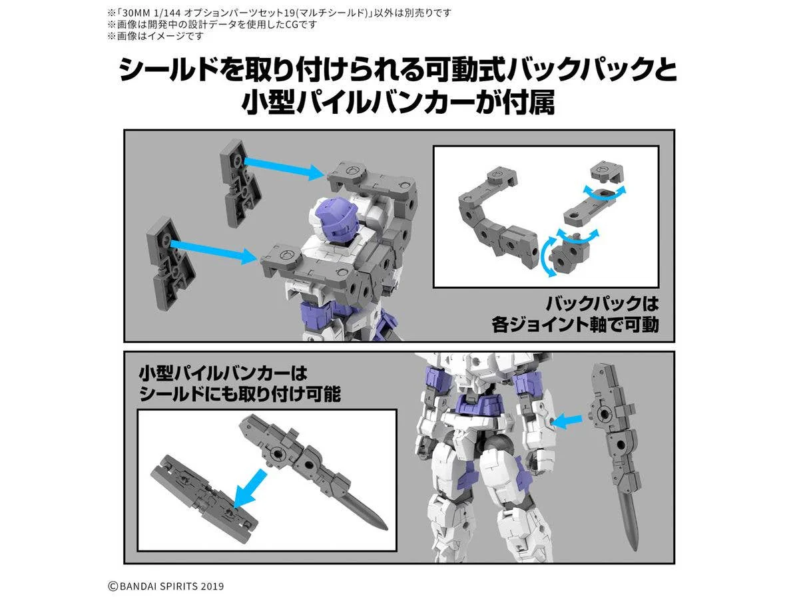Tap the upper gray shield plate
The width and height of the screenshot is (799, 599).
click(240, 182)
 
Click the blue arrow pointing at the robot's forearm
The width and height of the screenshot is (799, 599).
click(567, 421)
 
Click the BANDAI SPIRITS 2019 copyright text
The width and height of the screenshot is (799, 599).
click(166, 586)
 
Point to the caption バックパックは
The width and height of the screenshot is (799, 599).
click(602, 303)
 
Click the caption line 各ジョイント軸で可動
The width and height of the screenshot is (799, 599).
click(575, 324)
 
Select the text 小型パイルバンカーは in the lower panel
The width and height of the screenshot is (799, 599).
click(223, 373)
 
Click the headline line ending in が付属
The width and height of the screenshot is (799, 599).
click(398, 102)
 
